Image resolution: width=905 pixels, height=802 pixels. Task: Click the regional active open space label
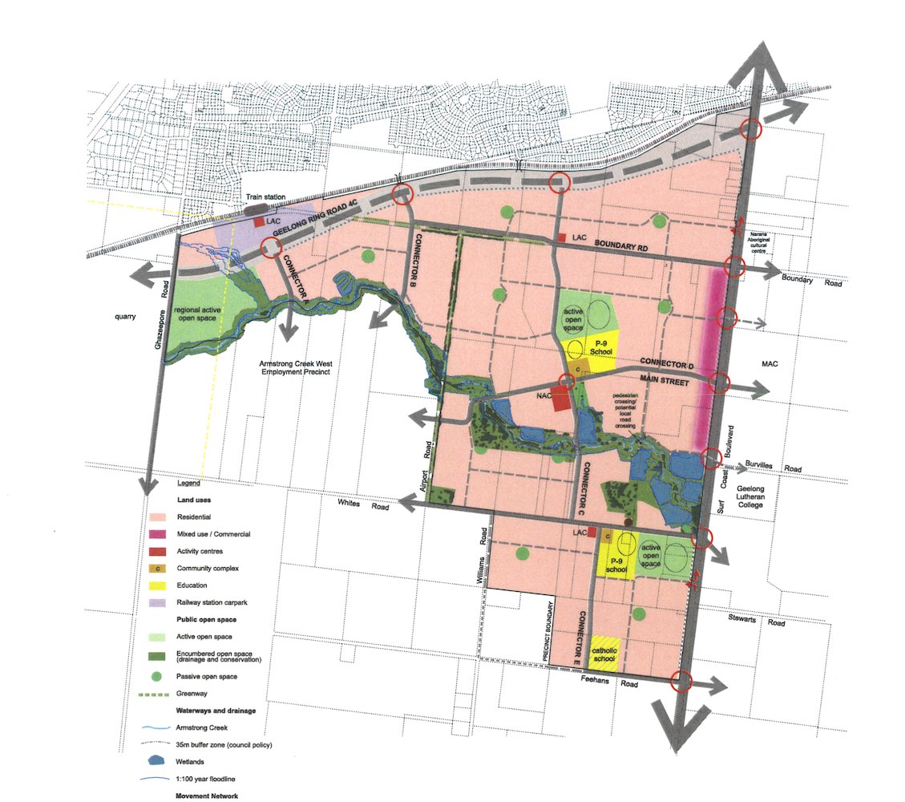[196, 314]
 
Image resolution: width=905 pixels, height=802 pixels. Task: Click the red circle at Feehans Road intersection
[681, 681]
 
